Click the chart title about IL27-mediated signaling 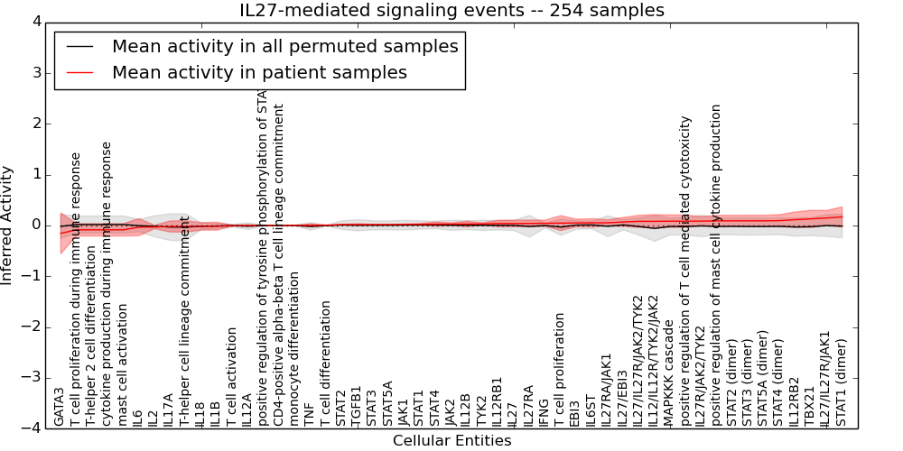(x=451, y=10)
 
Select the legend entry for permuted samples (x=284, y=46)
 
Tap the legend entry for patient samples (x=259, y=72)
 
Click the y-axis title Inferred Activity (x=8, y=225)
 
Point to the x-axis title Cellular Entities (x=451, y=441)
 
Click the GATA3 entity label (x=60, y=407)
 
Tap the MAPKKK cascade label (x=668, y=370)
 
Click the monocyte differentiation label (x=294, y=353)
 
